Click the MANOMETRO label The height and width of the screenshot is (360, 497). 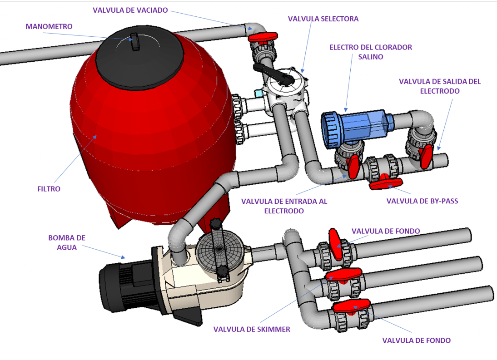point(49,27)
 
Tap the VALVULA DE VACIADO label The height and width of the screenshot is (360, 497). point(130,10)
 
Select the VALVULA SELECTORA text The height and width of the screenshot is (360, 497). point(323,19)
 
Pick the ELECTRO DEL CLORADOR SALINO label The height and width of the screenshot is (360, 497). point(371,52)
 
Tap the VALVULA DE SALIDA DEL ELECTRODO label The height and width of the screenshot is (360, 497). point(439,86)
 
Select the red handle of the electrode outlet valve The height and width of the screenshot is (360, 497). point(426,156)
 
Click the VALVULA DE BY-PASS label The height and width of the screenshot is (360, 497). point(422,201)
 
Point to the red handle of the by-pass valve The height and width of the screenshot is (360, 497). point(386,183)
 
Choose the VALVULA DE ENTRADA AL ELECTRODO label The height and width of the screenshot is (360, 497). point(284,206)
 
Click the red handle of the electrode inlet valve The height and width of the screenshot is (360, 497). point(354,166)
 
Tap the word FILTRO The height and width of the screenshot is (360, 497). point(49,189)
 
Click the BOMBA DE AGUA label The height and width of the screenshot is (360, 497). point(67,242)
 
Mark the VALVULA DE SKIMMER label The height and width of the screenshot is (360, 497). point(252,329)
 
